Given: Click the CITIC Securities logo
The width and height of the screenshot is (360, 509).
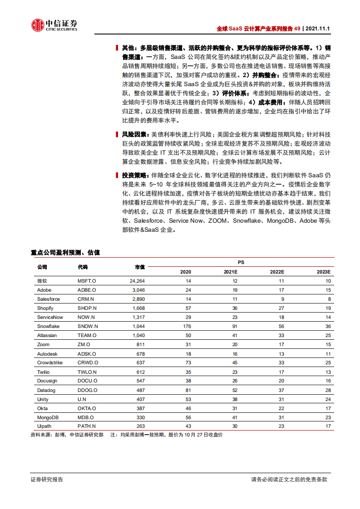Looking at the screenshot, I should pos(54,25).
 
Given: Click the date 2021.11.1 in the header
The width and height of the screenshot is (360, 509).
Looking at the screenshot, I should pos(318,28).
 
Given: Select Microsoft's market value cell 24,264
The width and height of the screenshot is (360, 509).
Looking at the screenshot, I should pos(137,281).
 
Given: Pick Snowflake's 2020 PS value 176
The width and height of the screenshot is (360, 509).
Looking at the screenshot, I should pos(187,327).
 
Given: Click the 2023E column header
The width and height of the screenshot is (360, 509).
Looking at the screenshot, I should pos(324,272).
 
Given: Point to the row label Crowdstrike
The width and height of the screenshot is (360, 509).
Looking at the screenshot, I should pos(50,363).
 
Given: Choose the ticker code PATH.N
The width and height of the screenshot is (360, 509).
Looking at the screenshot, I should pos(87,426).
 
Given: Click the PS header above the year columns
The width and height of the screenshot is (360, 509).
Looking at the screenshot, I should pos(241,263).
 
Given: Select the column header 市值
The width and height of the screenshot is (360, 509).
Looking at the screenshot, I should pos(140,267).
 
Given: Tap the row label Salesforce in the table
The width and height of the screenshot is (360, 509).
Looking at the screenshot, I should pos(49,299).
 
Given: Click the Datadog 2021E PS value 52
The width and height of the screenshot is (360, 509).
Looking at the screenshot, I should pos(234,390).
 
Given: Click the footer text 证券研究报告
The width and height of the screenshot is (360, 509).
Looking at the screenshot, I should pos(47,480).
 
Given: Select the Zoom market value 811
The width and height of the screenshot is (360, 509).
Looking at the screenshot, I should pos(140,345).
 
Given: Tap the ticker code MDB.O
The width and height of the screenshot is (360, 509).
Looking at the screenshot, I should pos(85,417).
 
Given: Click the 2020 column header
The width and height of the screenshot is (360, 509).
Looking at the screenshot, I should pos(186,272).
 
